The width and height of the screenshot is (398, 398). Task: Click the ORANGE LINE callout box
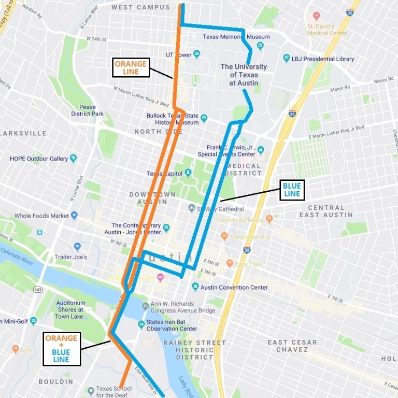pyautogui.click(x=131, y=67)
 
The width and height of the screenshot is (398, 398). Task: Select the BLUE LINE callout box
pyautogui.click(x=291, y=190)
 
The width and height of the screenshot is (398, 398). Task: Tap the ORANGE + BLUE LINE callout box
pyautogui.click(x=61, y=349)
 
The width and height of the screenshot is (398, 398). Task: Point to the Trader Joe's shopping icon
pyautogui.click(x=77, y=247)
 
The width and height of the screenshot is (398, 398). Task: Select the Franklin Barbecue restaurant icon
pyautogui.click(x=269, y=219)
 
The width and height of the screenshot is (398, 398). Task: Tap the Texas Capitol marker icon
pyautogui.click(x=188, y=173)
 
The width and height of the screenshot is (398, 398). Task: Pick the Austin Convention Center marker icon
pyautogui.click(x=195, y=287)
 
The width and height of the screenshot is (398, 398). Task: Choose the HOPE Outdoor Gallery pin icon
pyautogui.click(x=73, y=158)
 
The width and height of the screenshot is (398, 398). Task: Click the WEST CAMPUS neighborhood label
pyautogui.click(x=140, y=7)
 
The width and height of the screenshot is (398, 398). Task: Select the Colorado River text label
pyautogui.click(x=18, y=256)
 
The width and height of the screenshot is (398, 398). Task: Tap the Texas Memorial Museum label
pyautogui.click(x=236, y=37)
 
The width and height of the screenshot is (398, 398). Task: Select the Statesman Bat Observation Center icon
pyautogui.click(x=141, y=324)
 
